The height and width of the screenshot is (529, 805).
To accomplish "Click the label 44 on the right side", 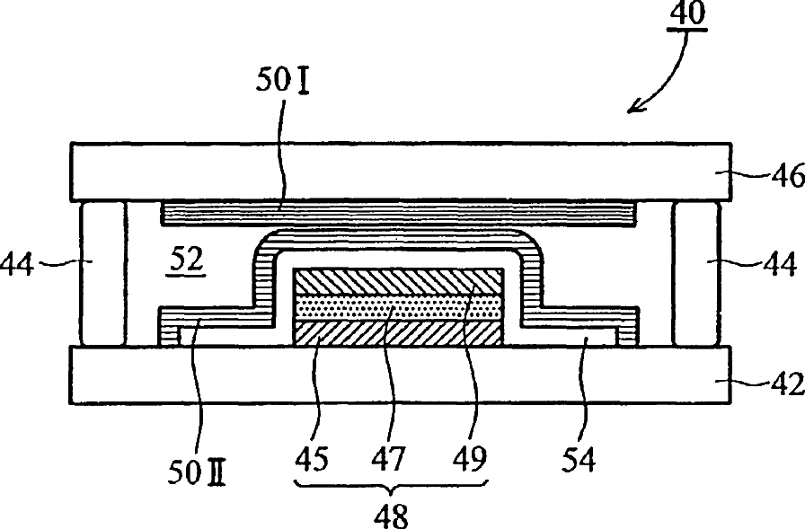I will coord(780,265).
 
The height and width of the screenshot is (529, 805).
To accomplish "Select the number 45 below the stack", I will coord(311,461).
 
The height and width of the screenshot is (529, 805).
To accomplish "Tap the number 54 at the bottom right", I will coord(579,461).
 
